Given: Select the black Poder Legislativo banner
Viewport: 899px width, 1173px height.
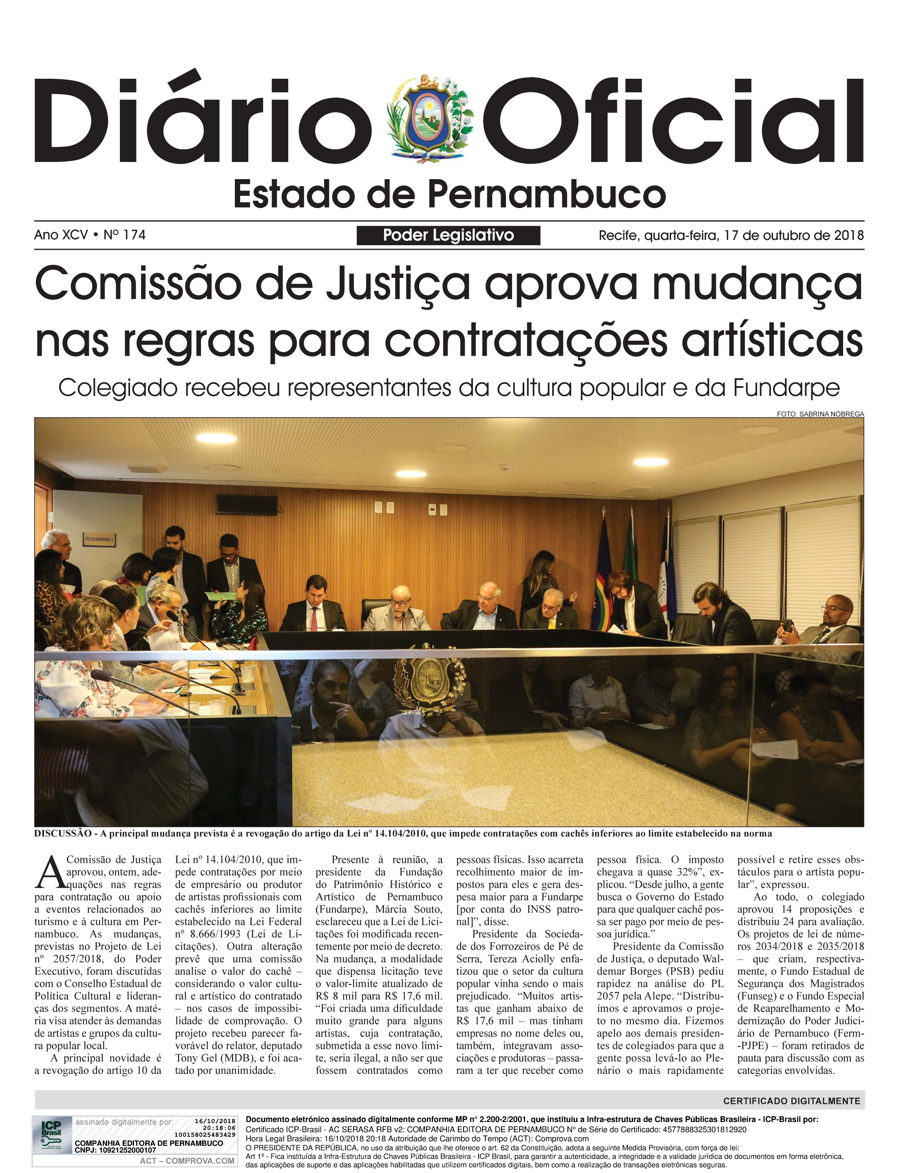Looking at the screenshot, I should [x=448, y=235].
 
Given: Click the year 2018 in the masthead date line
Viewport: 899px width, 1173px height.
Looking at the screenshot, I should [x=849, y=235].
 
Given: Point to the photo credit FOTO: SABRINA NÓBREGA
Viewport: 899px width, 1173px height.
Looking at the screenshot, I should [x=820, y=414].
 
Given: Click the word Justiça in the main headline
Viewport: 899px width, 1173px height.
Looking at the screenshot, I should [x=399, y=285].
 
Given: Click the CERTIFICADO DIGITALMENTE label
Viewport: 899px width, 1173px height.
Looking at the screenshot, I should [x=791, y=1101].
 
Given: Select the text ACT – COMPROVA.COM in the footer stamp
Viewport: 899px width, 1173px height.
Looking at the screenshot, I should [x=187, y=1161].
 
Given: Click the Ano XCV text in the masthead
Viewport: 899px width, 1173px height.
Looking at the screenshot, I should [x=60, y=235].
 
